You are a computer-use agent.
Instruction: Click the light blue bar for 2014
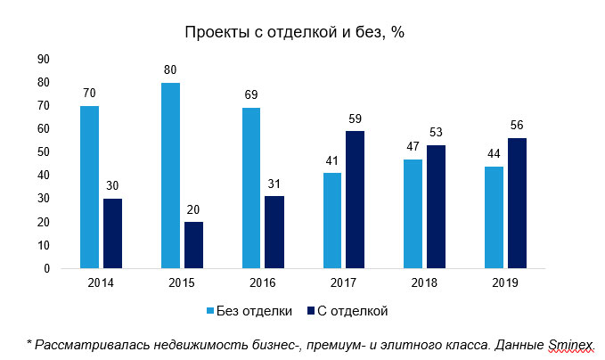coord(89,187)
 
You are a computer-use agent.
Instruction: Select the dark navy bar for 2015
coord(193,245)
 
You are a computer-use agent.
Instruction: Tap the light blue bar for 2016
coord(251,188)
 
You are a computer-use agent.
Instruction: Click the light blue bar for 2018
coord(413,214)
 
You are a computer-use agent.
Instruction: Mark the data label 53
coord(436,134)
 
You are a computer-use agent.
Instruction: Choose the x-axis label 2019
coord(505,282)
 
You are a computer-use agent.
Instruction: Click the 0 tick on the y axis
coord(47,269)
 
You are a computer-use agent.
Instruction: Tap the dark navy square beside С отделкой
coord(312,311)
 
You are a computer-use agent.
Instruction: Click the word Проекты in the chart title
coord(217,33)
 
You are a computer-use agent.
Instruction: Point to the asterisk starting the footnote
coord(29,342)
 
